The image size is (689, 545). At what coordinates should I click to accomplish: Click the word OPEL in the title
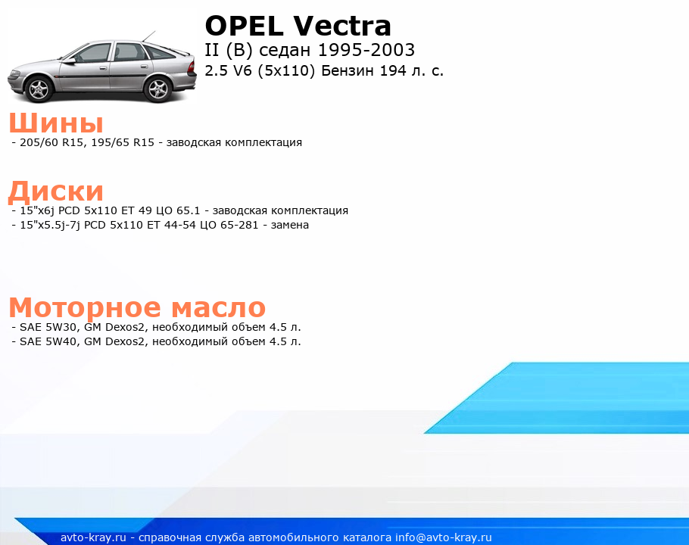244,26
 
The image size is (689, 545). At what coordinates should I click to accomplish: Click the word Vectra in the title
342,26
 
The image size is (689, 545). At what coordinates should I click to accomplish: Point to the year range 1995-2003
366,50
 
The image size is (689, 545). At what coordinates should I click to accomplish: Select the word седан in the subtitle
284,51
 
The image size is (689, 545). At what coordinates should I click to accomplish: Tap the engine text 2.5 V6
229,70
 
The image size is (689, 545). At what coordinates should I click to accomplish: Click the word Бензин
348,70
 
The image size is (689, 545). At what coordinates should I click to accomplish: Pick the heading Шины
56,123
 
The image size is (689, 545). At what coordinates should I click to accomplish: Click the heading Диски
56,192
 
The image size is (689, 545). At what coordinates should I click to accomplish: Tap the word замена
289,226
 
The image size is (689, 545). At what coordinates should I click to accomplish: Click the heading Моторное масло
137,307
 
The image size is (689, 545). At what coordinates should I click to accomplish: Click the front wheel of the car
40,89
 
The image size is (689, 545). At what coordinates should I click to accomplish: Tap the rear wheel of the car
158,89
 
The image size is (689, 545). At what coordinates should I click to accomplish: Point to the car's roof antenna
148,37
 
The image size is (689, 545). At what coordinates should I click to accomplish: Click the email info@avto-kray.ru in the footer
444,537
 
